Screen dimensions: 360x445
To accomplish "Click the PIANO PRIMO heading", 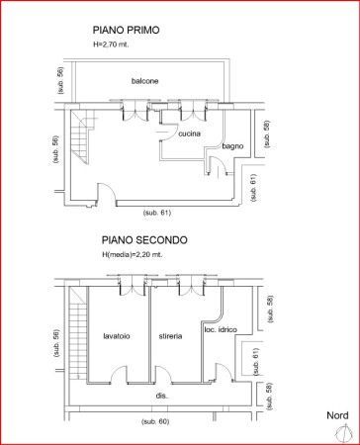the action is (126, 30).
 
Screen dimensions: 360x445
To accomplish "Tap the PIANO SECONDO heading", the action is (144, 240).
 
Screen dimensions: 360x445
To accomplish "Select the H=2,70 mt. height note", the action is (111, 44).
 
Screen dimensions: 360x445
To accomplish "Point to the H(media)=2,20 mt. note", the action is (133, 255).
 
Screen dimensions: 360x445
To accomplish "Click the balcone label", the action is (144, 81).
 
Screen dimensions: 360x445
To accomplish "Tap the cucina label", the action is (189, 133).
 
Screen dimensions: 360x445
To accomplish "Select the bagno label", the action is (232, 146).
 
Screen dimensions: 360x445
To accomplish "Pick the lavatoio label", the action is (117, 336).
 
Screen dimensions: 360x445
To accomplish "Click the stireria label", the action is (170, 336).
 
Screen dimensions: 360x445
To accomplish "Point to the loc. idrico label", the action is (221, 329).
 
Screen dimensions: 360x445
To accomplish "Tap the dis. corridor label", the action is (162, 396).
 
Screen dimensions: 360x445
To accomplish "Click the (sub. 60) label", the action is (155, 421).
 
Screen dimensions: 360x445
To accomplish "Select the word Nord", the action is (337, 415).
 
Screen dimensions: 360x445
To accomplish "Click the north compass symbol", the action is (343, 433).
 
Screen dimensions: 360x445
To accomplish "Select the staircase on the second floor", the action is (78, 333).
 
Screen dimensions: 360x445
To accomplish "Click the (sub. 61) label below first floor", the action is (157, 213).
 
